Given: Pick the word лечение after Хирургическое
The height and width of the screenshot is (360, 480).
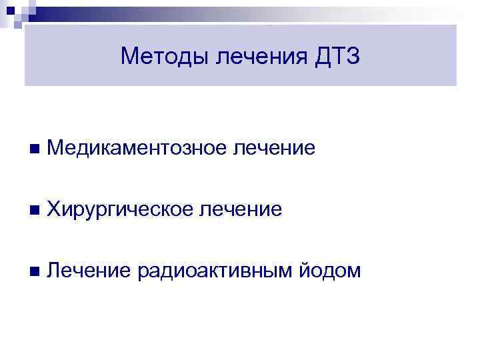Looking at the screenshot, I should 241,210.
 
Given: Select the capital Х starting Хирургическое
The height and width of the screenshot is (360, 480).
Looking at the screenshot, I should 55,210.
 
